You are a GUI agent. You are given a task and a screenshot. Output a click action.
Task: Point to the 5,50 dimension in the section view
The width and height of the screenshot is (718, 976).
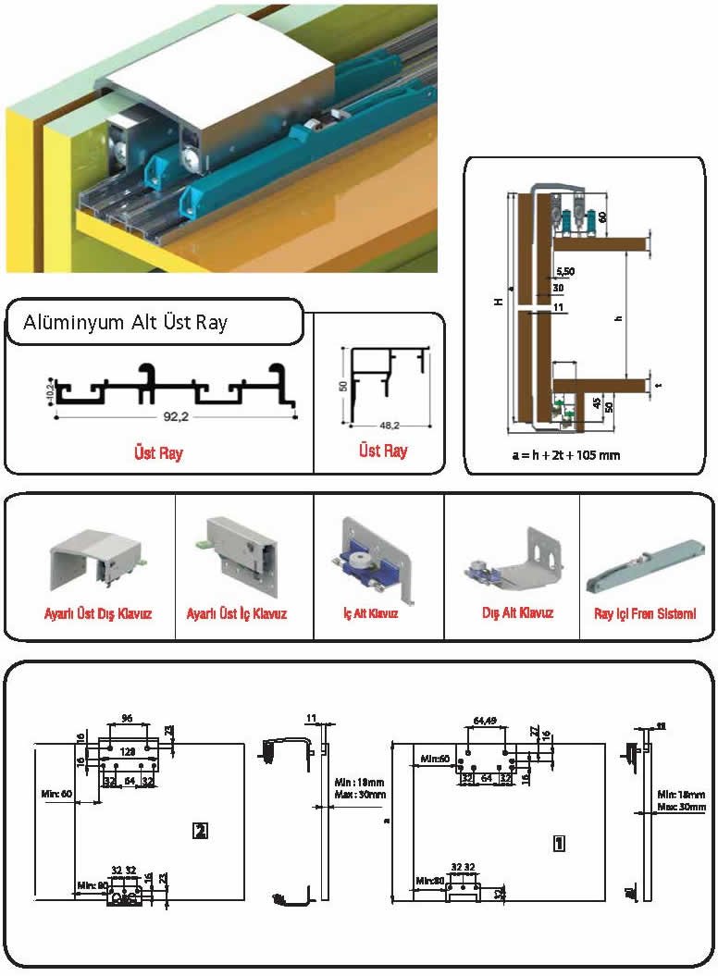pos(566,271)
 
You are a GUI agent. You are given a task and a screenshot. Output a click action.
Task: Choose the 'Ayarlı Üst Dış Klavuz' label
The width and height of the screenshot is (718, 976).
pos(98,613)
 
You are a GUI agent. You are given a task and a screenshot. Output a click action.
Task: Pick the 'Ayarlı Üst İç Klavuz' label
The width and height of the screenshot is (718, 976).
pos(237,613)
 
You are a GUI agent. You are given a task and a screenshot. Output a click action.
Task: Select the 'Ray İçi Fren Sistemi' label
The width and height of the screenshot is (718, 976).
pos(645,613)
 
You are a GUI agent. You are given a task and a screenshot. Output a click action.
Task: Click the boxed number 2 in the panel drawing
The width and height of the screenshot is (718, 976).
pos(199,830)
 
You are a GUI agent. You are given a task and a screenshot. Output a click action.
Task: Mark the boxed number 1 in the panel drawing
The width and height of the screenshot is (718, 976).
pos(558,843)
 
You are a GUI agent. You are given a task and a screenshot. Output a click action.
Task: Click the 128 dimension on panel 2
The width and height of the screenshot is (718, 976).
pos(128,753)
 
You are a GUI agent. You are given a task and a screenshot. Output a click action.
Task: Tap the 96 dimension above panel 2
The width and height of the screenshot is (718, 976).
pos(128,717)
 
